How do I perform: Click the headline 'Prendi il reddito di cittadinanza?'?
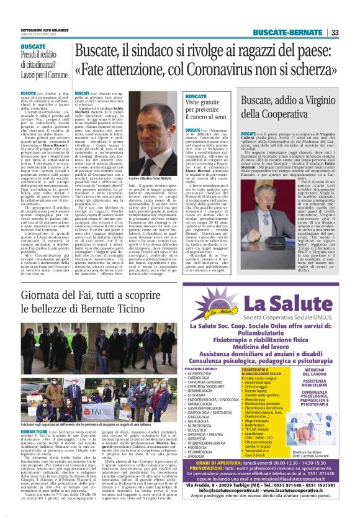[x=43, y=61]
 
